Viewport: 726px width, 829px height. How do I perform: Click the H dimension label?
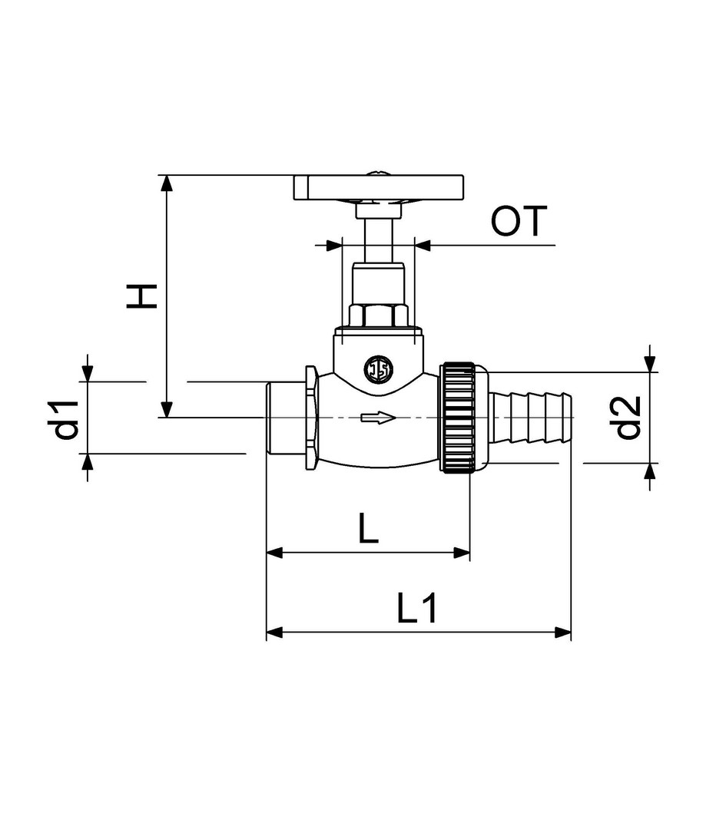(x=142, y=296)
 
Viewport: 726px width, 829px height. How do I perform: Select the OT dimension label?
(x=519, y=221)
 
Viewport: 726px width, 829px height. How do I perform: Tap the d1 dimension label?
(x=67, y=420)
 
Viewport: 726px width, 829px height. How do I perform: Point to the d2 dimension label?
(x=628, y=418)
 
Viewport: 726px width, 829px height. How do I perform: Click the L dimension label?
(x=368, y=527)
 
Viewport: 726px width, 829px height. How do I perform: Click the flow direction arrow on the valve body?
(x=378, y=418)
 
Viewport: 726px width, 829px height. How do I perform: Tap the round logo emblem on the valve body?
(x=378, y=368)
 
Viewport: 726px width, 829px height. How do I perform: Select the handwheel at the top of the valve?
(x=379, y=188)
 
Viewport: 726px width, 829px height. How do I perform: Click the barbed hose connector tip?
(x=529, y=417)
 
